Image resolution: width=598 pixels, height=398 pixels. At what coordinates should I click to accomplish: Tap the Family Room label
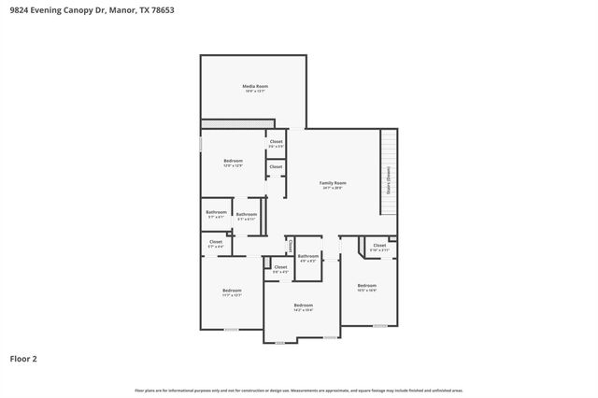click(x=333, y=183)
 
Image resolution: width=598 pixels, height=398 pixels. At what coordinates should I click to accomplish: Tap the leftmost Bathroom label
click(x=217, y=212)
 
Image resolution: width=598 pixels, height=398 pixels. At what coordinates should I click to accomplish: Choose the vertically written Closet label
click(x=291, y=246)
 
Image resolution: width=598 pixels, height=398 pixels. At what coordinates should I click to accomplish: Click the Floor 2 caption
click(x=23, y=358)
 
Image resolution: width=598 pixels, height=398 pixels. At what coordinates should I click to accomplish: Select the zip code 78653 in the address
click(x=161, y=10)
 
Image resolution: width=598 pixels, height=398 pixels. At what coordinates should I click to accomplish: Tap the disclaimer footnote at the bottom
click(x=299, y=390)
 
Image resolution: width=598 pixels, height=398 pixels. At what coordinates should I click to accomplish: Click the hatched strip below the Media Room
click(x=237, y=123)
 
